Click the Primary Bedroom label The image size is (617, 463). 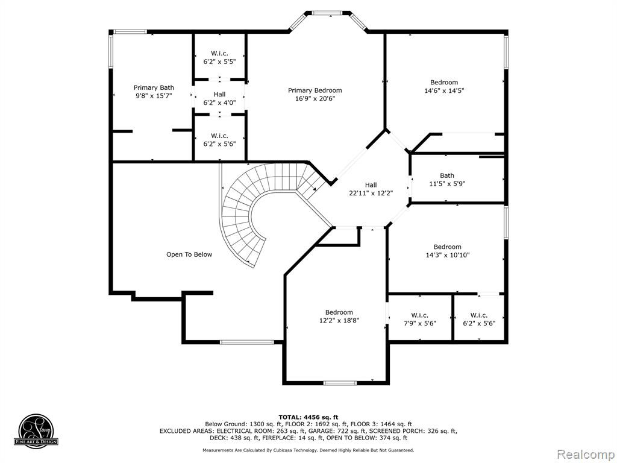point(315,90)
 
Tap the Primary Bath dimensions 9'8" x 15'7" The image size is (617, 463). point(154,96)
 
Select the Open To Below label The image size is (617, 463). point(189,255)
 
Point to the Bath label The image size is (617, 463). point(447,175)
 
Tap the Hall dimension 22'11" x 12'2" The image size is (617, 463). point(371,193)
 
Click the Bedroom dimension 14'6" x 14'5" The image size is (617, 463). point(444,90)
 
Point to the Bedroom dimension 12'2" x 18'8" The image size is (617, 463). point(339,321)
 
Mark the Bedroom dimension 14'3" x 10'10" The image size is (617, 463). point(448,255)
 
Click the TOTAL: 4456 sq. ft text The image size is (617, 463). point(308,417)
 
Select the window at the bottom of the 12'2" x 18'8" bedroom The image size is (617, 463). point(340,382)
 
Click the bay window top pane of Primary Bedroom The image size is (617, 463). point(327,13)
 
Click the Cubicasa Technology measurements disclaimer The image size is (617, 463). point(308,450)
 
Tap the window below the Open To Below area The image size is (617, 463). point(246,342)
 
